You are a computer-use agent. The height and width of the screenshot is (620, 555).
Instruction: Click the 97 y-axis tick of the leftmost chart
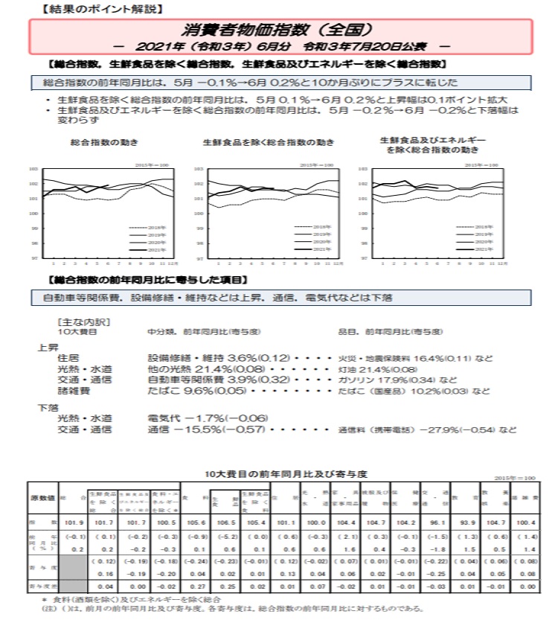point(34,258)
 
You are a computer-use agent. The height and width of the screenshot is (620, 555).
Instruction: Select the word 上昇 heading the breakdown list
point(48,347)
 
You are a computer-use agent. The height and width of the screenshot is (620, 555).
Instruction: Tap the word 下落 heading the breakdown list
point(48,407)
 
